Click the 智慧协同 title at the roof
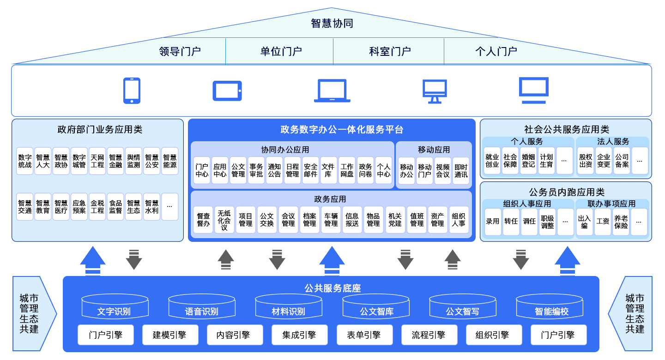[332, 24]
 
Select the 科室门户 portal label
[390, 51]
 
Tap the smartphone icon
[132, 90]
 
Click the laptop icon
[332, 90]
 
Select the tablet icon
[227, 90]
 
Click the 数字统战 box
[25, 161]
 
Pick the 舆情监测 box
[133, 161]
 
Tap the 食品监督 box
[115, 207]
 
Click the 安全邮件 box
[310, 170]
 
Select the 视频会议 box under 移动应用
[443, 170]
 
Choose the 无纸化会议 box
[224, 220]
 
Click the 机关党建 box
[395, 220]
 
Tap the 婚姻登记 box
[528, 161]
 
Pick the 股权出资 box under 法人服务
[586, 161]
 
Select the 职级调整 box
[547, 222]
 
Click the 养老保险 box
[621, 222]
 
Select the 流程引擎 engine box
[429, 335]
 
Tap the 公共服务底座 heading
[332, 288]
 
